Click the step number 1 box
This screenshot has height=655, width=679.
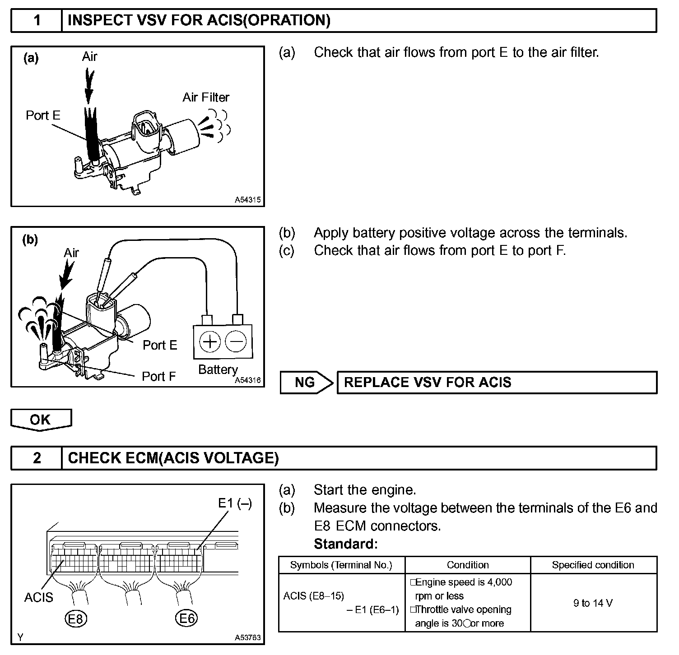[x=37, y=21]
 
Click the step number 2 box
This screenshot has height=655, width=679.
[x=37, y=458]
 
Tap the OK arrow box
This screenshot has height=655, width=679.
[x=41, y=420]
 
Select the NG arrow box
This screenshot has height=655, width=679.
[x=306, y=383]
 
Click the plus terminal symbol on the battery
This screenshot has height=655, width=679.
[x=209, y=341]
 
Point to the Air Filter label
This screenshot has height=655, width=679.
[x=206, y=97]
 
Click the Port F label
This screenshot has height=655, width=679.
[x=158, y=376]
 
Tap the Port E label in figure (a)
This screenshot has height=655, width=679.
[x=43, y=115]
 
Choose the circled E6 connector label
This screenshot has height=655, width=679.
[x=186, y=618]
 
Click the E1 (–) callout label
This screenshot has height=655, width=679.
[x=235, y=503]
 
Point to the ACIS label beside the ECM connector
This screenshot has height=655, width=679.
[x=39, y=597]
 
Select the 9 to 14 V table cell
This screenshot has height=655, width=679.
[x=593, y=603]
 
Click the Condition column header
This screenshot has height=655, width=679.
[x=468, y=565]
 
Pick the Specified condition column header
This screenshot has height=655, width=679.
[x=593, y=565]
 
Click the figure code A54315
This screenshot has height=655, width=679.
[x=247, y=200]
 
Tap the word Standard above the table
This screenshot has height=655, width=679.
[x=345, y=544]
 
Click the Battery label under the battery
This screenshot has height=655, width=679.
[x=218, y=369]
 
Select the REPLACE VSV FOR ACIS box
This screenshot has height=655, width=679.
[x=497, y=383]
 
